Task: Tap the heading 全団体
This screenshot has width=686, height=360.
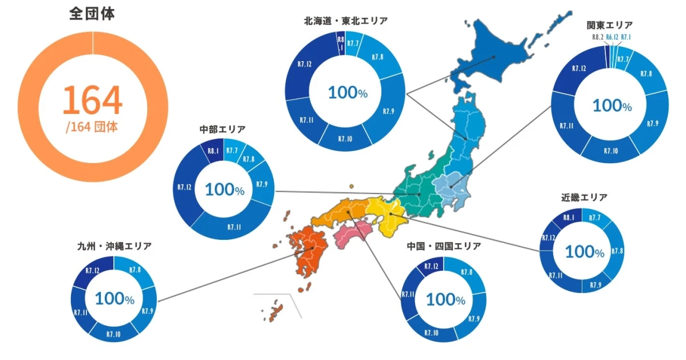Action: pyautogui.click(x=92, y=14)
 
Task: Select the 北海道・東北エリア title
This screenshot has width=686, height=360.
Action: pyautogui.click(x=346, y=21)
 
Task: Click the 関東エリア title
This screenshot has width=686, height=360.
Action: pyautogui.click(x=610, y=25)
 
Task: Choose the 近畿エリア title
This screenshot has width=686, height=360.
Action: pyautogui.click(x=585, y=197)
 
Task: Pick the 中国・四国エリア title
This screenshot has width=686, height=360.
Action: pyautogui.click(x=444, y=246)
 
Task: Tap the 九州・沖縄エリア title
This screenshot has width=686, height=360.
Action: pyautogui.click(x=114, y=246)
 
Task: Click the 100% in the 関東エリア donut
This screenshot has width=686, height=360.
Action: pyautogui.click(x=612, y=105)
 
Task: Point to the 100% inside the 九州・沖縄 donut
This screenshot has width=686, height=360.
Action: pyautogui.click(x=114, y=299)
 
